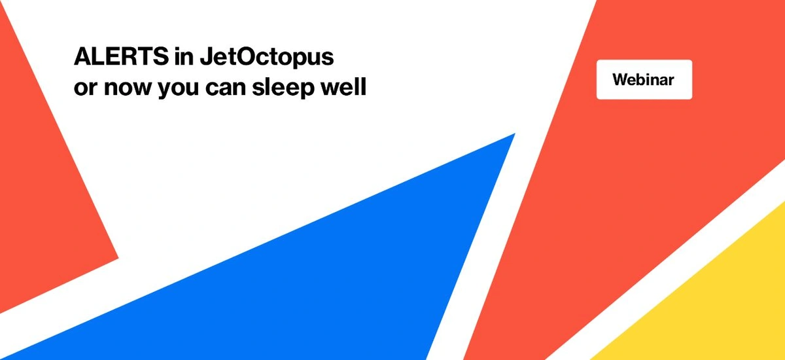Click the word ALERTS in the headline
coord(121,56)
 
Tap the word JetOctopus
coord(267,58)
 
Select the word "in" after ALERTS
coord(184,56)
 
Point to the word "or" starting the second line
coord(86,88)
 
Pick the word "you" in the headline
coord(179,89)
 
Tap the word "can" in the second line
coord(226,88)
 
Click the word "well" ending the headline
coord(343,86)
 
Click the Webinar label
coord(644,80)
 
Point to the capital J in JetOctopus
coord(207,56)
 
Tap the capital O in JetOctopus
coord(249,56)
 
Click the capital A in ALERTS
coord(84,56)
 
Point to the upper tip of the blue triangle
coord(514,134)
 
